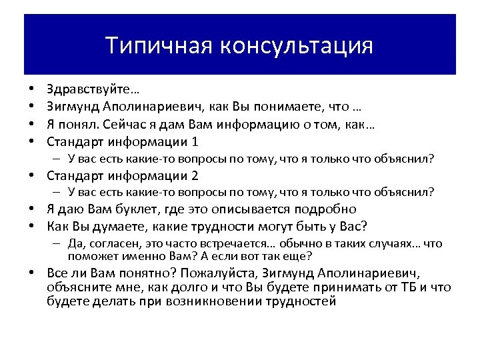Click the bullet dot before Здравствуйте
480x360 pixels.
click(x=31, y=89)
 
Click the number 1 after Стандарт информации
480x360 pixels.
click(x=195, y=141)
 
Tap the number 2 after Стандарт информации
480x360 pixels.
click(x=195, y=176)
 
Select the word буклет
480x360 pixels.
click(x=139, y=209)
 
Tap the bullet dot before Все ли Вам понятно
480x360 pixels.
click(x=31, y=274)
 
